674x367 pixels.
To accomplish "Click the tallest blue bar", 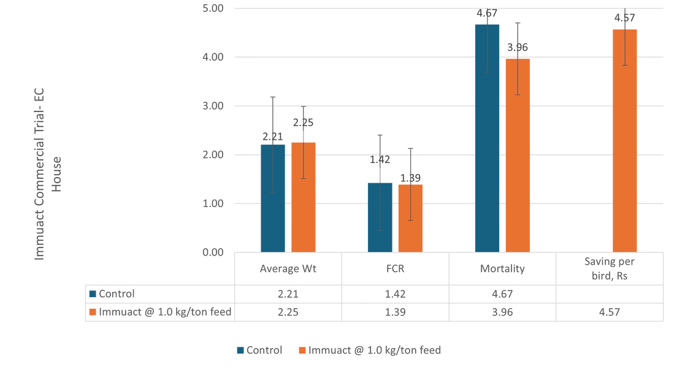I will tap(488, 138).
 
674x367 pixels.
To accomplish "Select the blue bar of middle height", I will tap(272, 196).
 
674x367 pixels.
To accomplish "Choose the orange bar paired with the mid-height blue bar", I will tap(304, 196).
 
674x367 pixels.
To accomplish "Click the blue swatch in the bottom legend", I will tap(241, 350).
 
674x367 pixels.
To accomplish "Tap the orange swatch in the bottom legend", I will tap(301, 350).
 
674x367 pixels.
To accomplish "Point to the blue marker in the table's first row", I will tap(93, 294).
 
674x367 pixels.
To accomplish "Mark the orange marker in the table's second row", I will tap(93, 312).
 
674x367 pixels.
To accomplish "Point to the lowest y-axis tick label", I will tap(215, 251).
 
